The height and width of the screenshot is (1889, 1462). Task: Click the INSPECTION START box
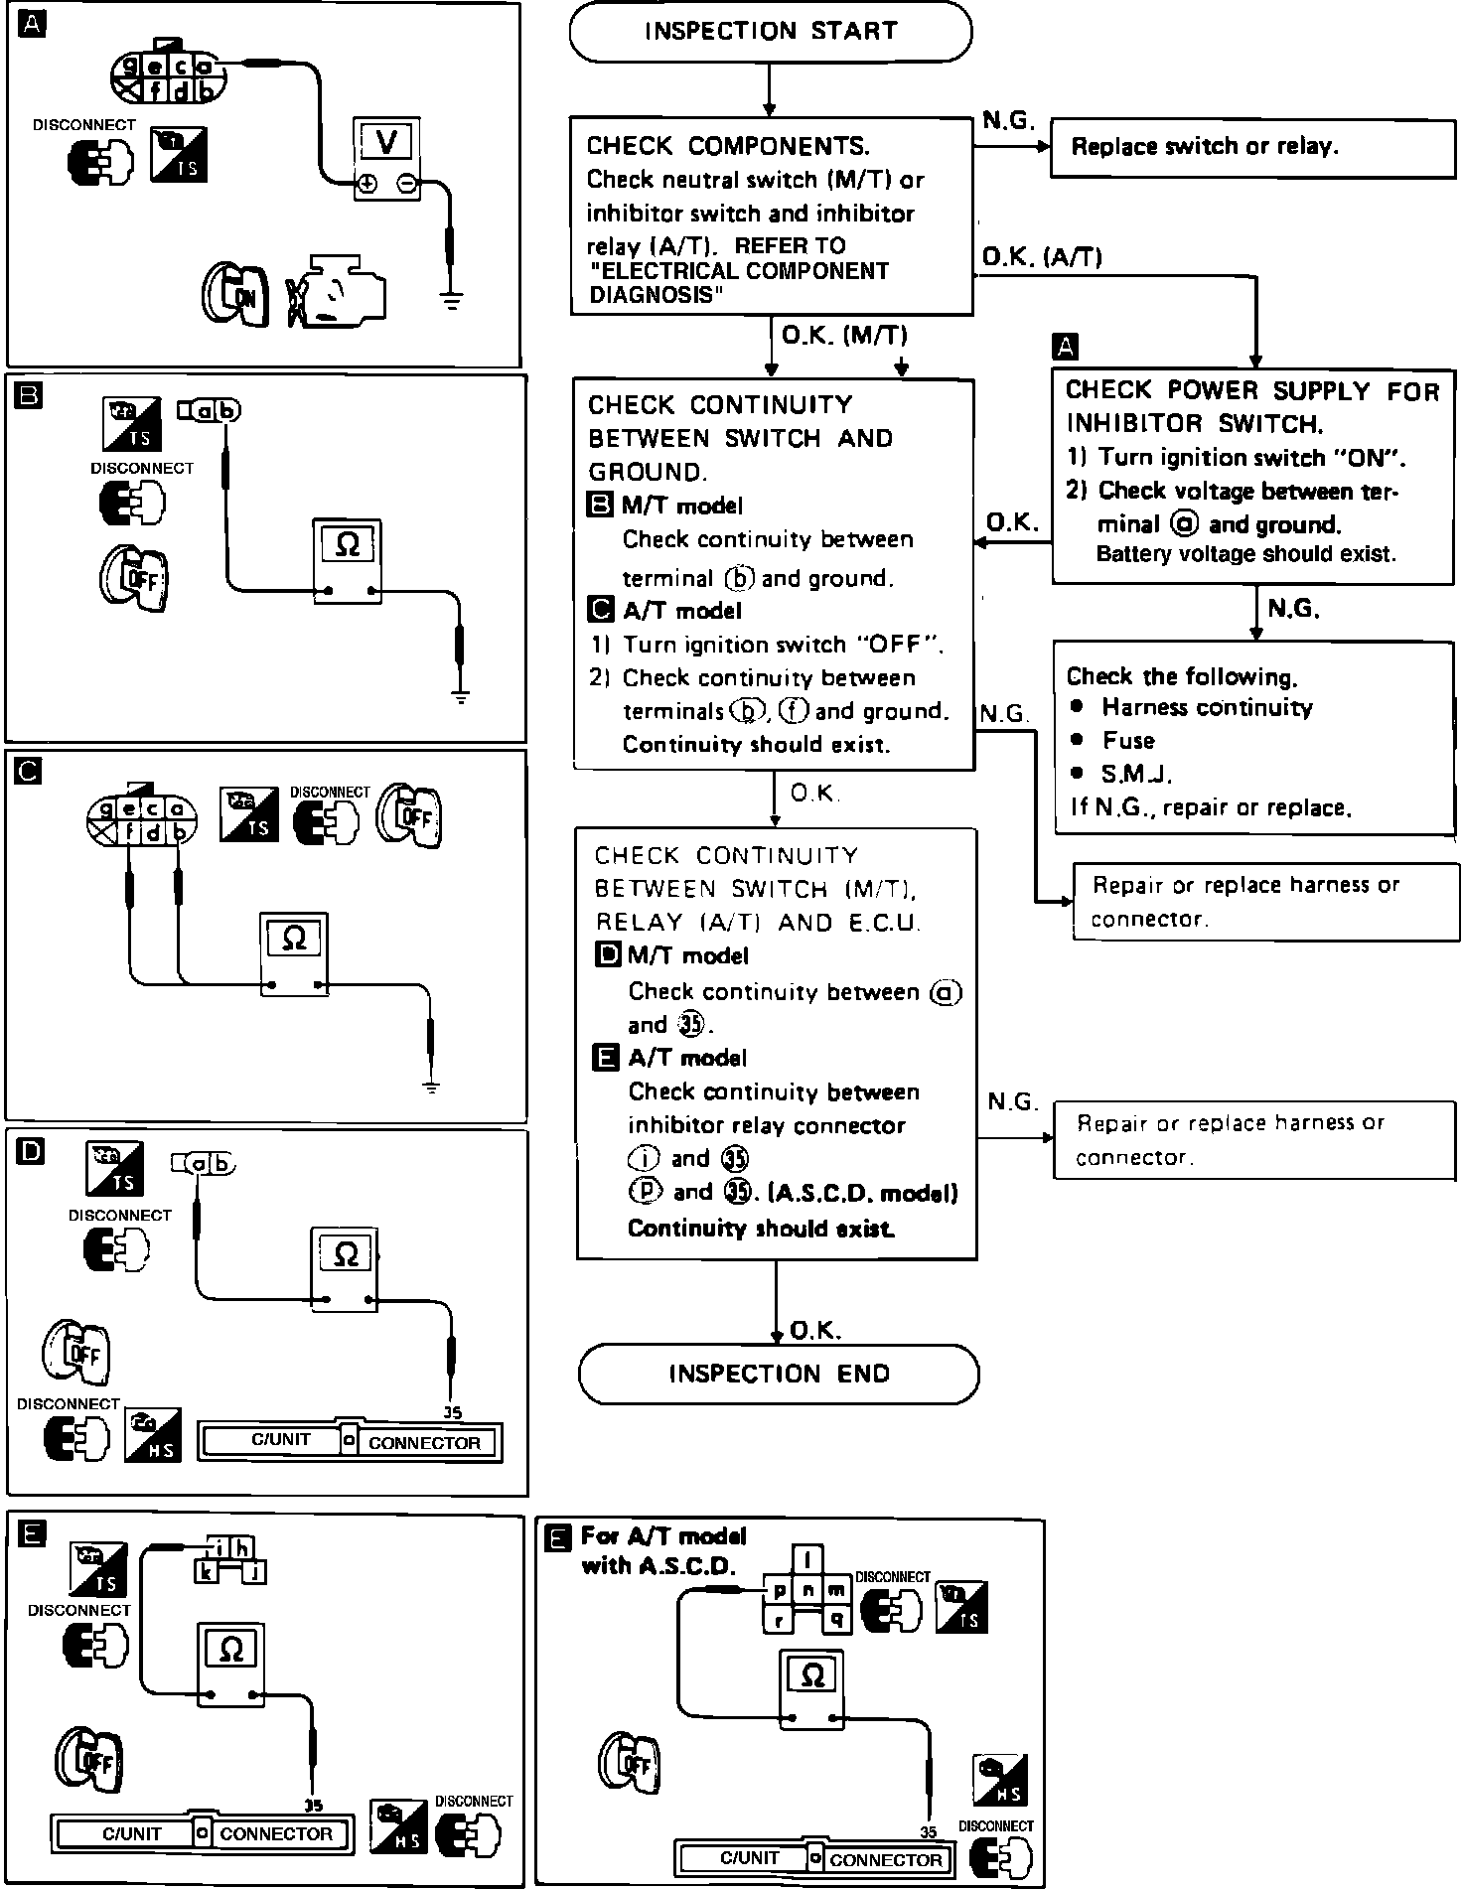pos(770,31)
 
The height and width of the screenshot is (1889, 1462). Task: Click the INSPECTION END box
pos(778,1374)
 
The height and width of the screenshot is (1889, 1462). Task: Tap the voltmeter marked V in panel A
pos(386,159)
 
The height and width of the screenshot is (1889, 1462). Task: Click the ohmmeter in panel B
pos(347,559)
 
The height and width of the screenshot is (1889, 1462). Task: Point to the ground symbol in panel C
pos(430,1086)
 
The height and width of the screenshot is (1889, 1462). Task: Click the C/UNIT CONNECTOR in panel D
pos(351,1442)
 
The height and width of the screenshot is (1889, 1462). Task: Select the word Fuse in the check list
pos(1128,741)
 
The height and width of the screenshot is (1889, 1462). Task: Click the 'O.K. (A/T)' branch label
pos(1041,258)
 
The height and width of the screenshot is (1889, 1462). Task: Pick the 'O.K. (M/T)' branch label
pos(844,336)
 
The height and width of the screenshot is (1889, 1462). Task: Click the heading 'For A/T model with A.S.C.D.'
pos(662,1550)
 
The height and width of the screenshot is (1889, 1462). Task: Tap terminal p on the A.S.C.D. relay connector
pos(780,1590)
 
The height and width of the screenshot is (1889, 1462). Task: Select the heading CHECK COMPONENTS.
pos(728,147)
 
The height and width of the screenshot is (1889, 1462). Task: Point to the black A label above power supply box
pos(1064,347)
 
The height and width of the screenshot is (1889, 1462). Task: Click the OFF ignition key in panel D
pos(75,1352)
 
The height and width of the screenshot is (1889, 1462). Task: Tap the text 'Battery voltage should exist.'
pos(1245,554)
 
